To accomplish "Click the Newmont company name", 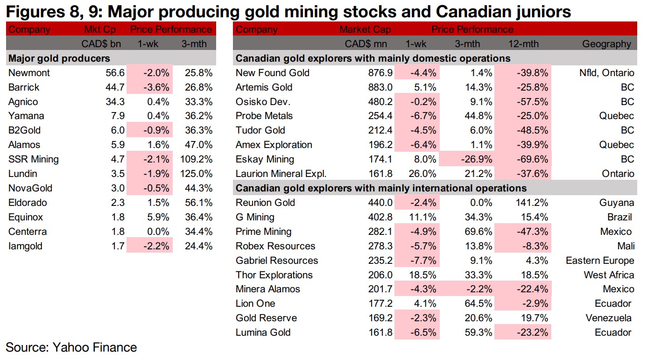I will [x=29, y=73].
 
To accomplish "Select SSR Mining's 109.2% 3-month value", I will [x=197, y=159].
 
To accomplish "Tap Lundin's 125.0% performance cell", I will [x=197, y=174].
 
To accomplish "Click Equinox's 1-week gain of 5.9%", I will [x=157, y=217].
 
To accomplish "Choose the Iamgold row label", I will [x=26, y=246].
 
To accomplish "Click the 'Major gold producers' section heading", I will [x=59, y=58].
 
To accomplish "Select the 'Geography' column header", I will [x=606, y=44].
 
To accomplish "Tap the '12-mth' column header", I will [x=523, y=44].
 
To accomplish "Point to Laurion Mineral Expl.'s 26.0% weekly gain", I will [x=424, y=174].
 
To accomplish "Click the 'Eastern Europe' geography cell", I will [x=600, y=261].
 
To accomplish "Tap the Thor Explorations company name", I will [x=274, y=275].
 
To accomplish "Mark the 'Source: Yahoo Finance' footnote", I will [x=71, y=347].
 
